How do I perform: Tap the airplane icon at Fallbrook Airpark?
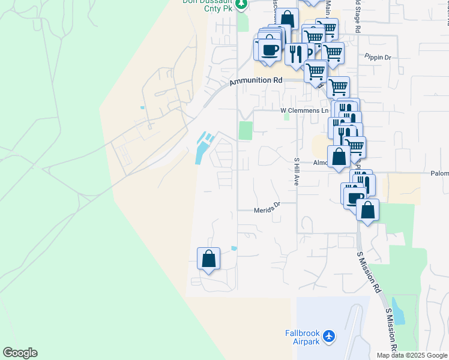pos(328,337)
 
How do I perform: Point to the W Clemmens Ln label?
pos(305,110)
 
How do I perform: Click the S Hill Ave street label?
pos(296,171)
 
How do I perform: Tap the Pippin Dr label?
pos(378,57)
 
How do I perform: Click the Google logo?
pos(20,353)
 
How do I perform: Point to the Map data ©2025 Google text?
pos(412,355)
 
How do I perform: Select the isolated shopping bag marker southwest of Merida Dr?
pos(208,259)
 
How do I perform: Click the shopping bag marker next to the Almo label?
pos(339,157)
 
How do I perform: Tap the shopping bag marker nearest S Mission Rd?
pos(367,210)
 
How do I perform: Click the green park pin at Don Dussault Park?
pos(241,4)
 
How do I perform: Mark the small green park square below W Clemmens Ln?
pos(246,130)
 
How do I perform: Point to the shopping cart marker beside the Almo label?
pos(354,146)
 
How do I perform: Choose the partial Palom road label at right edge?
pos(439,173)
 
